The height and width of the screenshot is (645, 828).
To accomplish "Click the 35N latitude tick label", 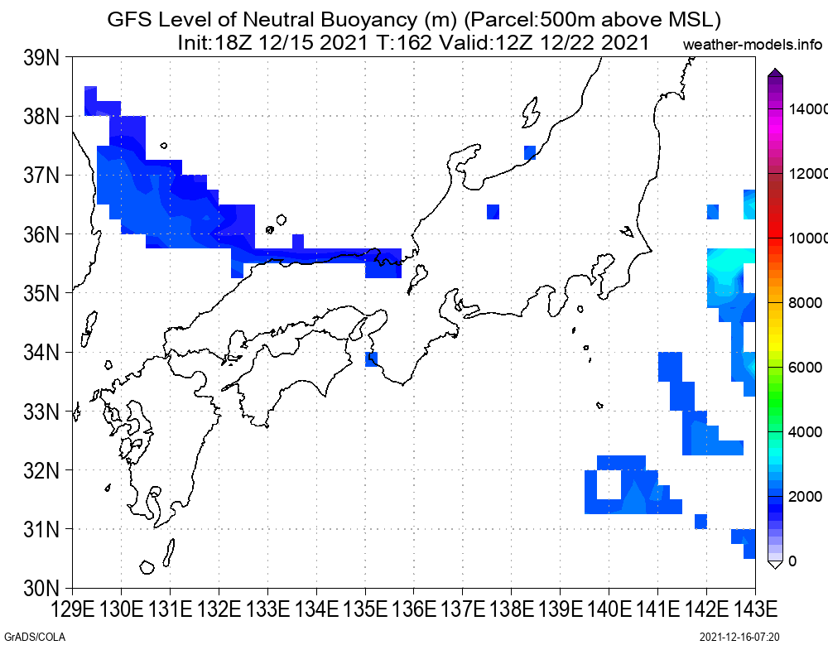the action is [x=41, y=293].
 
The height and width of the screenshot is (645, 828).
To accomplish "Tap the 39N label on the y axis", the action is [x=41, y=58].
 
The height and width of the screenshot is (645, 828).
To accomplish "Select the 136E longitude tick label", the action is [x=414, y=609].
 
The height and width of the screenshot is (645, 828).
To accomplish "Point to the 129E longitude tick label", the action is [x=72, y=609].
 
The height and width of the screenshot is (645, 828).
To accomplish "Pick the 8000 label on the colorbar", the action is [x=806, y=303].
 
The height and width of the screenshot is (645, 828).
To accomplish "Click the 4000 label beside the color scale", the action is [x=806, y=432].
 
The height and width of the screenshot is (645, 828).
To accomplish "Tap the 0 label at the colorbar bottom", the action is [x=792, y=561].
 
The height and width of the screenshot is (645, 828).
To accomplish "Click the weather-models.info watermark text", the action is [x=753, y=45].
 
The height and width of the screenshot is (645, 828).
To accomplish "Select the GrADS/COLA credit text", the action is [x=35, y=637].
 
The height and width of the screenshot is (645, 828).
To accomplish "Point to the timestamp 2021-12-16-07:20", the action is [x=739, y=637].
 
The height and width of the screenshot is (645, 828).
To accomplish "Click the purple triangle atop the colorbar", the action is [x=775, y=72].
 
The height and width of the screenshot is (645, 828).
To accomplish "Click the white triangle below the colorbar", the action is [x=775, y=565].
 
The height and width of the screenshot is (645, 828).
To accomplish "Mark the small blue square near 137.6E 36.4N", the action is [x=493, y=212].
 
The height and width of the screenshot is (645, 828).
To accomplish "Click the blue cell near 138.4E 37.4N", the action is [x=530, y=152].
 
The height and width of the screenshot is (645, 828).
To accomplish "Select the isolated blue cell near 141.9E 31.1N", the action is [x=700, y=522].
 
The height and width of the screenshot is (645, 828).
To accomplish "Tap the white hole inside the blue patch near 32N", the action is [x=609, y=484].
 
